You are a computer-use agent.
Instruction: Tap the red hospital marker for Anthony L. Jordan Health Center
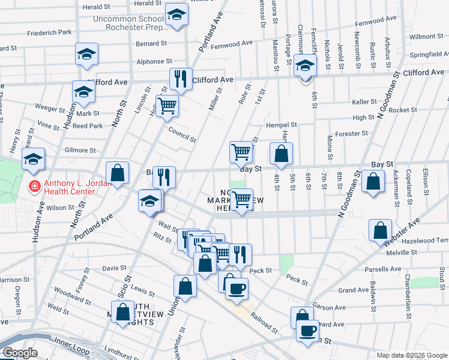pos(35,187)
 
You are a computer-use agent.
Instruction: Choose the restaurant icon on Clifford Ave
pos(180,77)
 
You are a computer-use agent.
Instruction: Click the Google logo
pos(19,352)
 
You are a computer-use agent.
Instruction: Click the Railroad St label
pos(265,322)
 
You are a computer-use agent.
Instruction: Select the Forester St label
pos(352,134)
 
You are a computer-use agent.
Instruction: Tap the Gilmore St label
pos(80,150)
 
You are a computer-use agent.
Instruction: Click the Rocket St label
pos(402,110)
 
